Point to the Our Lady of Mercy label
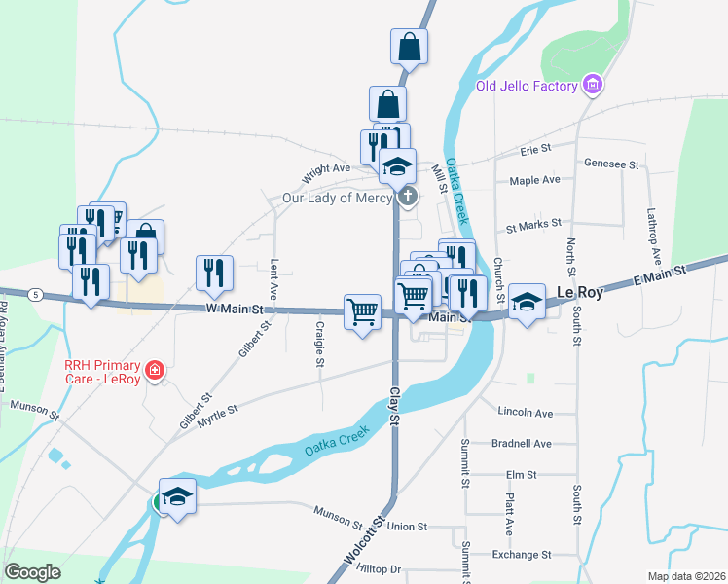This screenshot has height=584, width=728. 337,197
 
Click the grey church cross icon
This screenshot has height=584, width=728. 407,198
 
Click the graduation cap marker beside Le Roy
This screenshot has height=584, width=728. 527,303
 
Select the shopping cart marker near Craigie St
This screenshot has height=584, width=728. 362,312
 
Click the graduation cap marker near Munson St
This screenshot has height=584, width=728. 177,497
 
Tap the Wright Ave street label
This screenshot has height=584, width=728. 326,168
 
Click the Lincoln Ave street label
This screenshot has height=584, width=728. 524,413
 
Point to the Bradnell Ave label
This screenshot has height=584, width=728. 522,444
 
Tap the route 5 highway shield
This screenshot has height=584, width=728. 35,294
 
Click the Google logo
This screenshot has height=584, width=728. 32,572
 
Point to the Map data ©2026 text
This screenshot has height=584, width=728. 686,576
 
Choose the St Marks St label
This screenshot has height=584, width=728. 533,224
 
